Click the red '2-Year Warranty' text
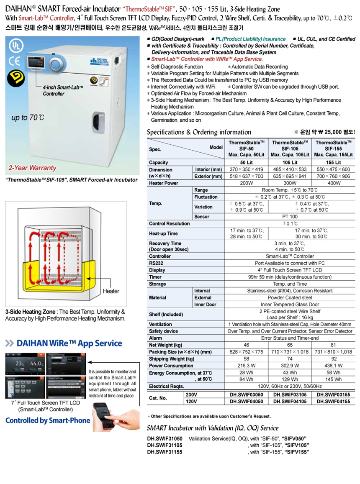point(32,168)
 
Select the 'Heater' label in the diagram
point(111,291)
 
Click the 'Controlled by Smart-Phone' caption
point(48,420)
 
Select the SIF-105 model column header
point(290,149)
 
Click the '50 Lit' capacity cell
point(246,162)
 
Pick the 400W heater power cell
point(333,183)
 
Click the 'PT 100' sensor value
point(290,217)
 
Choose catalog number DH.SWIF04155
point(333,401)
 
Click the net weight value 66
point(290,345)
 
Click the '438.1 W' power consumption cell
point(333,365)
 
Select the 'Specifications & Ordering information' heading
point(199,132)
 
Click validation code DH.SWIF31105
point(165,446)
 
